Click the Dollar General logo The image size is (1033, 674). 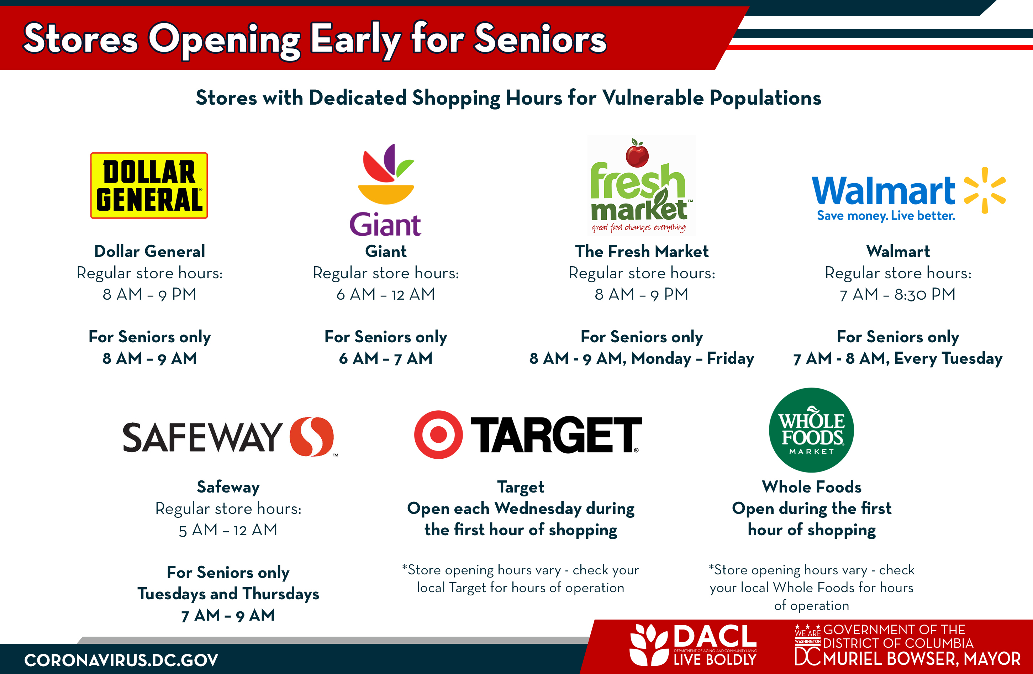coord(149,185)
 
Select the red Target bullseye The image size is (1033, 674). coord(438,435)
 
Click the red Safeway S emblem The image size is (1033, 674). coord(312,437)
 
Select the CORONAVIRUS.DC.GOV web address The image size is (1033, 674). coord(121,660)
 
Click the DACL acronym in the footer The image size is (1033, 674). coord(715,637)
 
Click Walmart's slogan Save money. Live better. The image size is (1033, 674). coord(886,216)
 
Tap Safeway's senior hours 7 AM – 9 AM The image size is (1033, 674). coord(228,615)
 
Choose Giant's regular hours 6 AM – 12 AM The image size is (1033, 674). coord(385,294)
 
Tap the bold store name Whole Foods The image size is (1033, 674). coord(812,487)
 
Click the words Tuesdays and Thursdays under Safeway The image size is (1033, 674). coord(228,594)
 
